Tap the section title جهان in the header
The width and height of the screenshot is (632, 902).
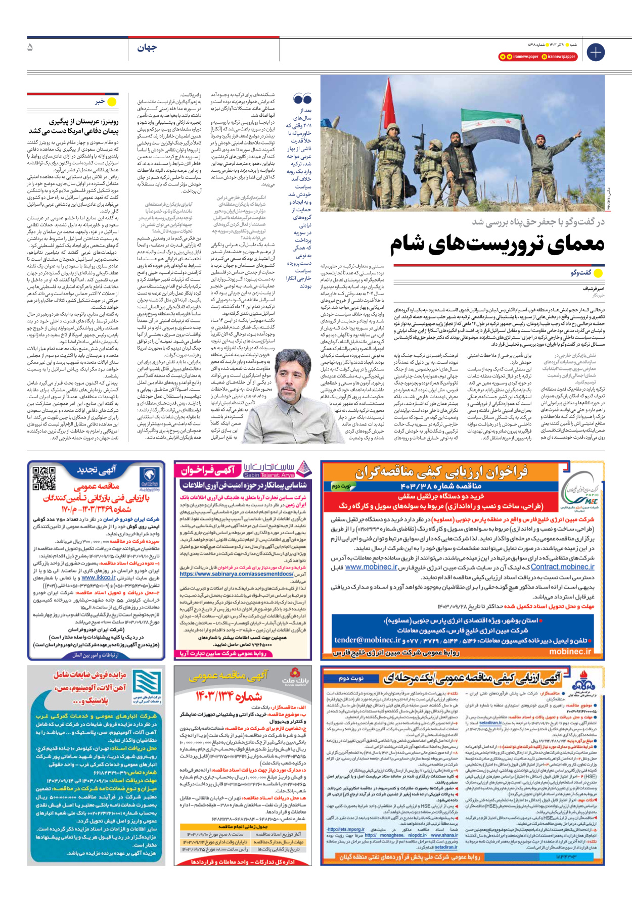click(x=147, y=48)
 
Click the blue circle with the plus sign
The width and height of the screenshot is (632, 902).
click(x=595, y=52)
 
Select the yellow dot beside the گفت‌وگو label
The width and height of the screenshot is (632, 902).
click(x=599, y=273)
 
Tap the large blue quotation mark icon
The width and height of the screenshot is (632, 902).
click(x=302, y=99)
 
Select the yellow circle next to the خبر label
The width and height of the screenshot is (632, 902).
click(x=112, y=102)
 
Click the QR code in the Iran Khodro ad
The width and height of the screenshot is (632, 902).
click(x=44, y=478)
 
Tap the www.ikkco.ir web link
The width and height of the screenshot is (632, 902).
click(x=99, y=578)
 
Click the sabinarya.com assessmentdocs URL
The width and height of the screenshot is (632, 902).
click(x=237, y=574)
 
